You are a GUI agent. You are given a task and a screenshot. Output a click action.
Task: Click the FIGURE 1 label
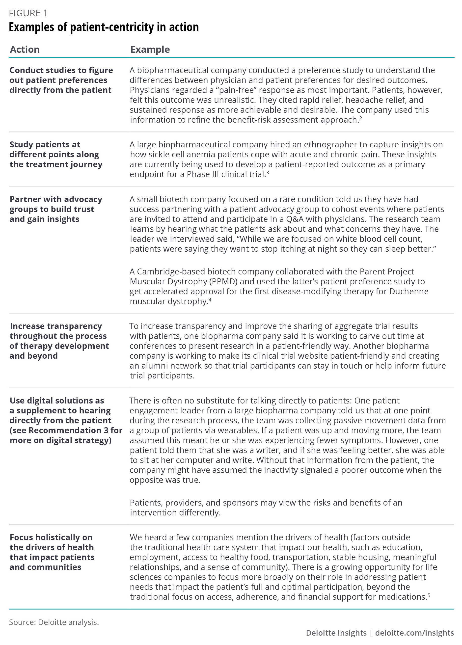28,13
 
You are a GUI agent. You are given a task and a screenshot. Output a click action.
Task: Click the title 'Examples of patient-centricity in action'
104,27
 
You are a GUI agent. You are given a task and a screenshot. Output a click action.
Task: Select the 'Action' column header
25,50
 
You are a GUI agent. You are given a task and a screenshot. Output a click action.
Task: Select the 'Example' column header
150,50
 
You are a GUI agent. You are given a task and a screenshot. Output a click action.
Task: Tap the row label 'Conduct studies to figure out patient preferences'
61,80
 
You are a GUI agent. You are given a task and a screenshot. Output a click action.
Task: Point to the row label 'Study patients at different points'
56,154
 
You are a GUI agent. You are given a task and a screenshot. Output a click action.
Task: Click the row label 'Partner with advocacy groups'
56,209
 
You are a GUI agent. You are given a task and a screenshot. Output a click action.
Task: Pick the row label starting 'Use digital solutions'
66,420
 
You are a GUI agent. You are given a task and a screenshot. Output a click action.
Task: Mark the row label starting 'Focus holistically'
52,552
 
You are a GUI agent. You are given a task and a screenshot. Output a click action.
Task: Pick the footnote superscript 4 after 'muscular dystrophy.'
210,299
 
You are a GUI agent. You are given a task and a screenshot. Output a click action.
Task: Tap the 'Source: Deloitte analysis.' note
54,622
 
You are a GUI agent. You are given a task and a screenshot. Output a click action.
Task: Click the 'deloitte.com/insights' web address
414,633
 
